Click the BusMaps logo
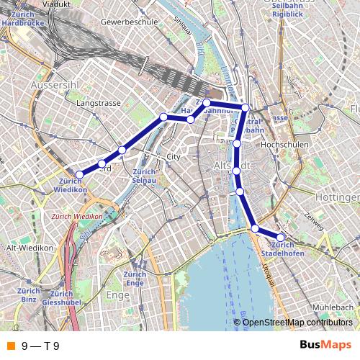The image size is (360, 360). [325, 346]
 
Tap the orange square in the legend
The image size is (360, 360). [11, 346]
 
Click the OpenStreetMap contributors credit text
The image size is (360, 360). [297, 322]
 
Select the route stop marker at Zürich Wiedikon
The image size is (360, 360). [80, 174]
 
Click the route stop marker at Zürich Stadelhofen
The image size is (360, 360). [280, 237]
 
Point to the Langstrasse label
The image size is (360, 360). [99, 104]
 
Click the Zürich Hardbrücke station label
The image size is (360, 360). [24, 19]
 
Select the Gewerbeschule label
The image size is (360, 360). [130, 22]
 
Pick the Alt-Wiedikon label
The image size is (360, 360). [30, 248]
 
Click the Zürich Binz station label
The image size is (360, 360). [29, 294]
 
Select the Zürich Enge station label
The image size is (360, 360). [135, 279]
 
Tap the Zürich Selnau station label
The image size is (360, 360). [145, 175]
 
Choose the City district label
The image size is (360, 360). [172, 156]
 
